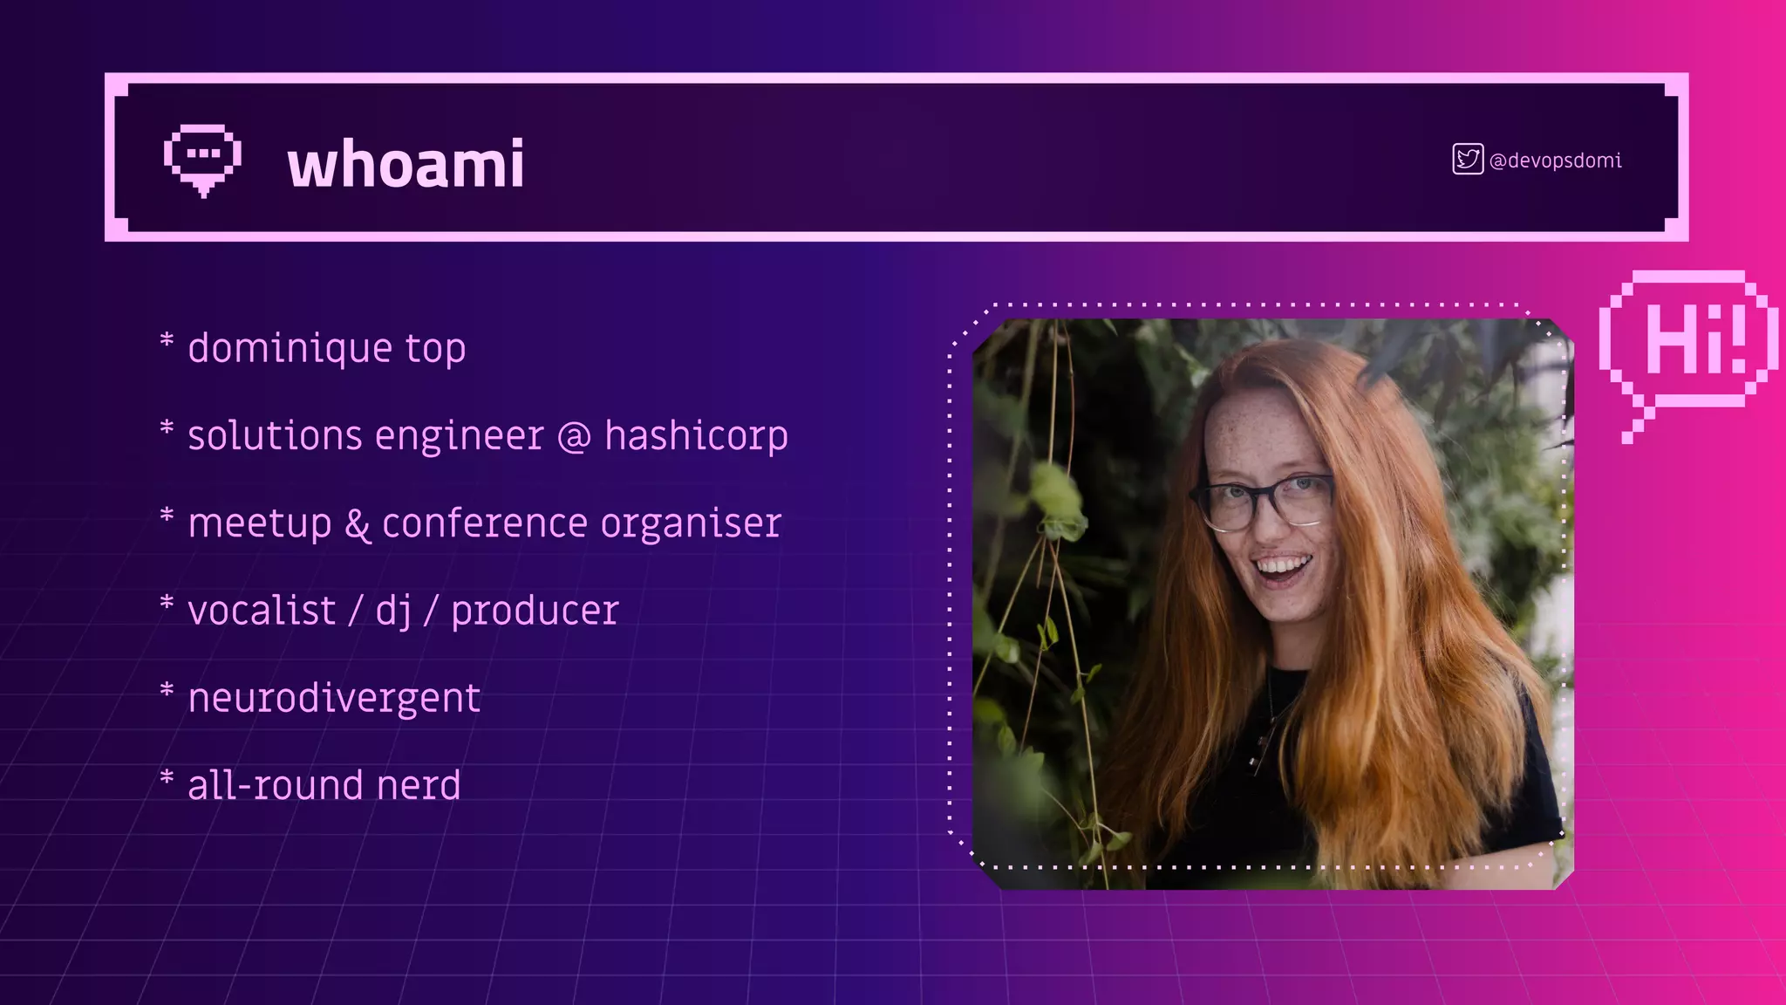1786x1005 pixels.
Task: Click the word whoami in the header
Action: pyautogui.click(x=406, y=164)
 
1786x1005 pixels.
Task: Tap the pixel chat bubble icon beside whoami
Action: pyautogui.click(x=202, y=159)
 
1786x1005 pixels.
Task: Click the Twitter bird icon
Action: pyautogui.click(x=1468, y=160)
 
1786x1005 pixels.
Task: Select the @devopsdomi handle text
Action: pyautogui.click(x=1556, y=161)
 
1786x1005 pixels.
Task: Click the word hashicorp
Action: pyautogui.click(x=696, y=435)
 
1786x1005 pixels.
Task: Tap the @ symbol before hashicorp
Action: pyautogui.click(x=574, y=436)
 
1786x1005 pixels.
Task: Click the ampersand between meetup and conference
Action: pyautogui.click(x=357, y=524)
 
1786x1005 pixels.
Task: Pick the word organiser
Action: pyautogui.click(x=691, y=523)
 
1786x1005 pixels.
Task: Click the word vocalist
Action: pyautogui.click(x=262, y=610)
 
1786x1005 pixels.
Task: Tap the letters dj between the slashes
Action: pyautogui.click(x=393, y=611)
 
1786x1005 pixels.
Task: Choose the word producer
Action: pyautogui.click(x=535, y=611)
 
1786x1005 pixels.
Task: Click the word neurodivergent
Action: pyautogui.click(x=334, y=698)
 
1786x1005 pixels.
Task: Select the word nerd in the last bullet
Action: pyautogui.click(x=419, y=785)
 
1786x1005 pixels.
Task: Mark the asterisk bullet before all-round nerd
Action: pyautogui.click(x=167, y=776)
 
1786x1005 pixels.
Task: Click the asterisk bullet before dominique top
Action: pyautogui.click(x=167, y=339)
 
